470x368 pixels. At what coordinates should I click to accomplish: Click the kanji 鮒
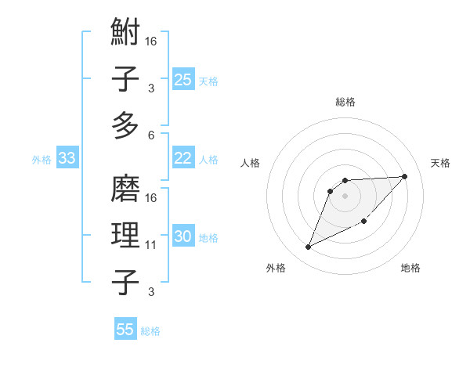126,33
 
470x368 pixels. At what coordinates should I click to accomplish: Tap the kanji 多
126,124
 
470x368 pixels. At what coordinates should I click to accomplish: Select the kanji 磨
126,190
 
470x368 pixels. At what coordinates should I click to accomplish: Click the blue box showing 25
183,79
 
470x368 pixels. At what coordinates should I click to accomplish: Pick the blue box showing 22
183,158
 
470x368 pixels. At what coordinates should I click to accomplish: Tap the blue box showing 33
67,159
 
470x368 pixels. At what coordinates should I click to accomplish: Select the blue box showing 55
125,330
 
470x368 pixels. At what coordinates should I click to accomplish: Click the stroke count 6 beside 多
150,135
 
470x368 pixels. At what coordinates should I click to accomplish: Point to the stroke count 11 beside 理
150,245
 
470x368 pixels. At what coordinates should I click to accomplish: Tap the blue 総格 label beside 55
150,331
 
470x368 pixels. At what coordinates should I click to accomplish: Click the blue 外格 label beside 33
42,160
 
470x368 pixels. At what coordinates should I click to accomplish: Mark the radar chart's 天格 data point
404,176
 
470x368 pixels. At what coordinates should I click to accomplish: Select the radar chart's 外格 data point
308,247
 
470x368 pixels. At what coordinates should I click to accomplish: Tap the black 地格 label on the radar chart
410,269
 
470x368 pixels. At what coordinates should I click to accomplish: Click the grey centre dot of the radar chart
345,195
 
